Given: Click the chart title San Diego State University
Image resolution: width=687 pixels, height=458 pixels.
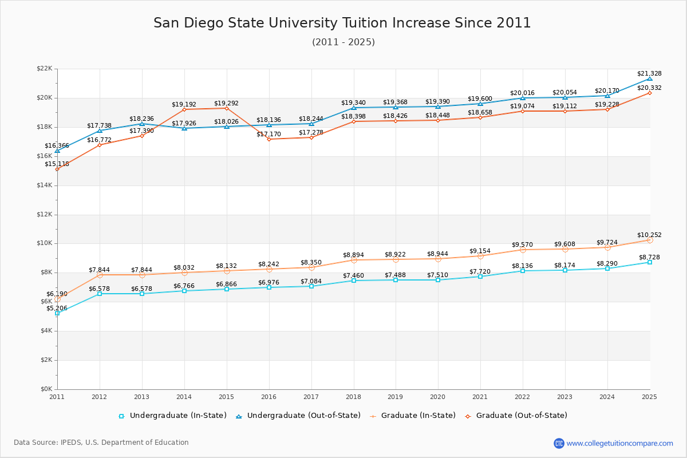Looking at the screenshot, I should [342, 23].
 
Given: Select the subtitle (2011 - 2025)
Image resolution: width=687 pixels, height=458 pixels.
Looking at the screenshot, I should [343, 42].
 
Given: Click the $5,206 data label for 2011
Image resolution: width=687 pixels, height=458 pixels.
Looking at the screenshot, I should [57, 308].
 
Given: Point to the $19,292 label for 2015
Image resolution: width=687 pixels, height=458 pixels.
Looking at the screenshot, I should [226, 104].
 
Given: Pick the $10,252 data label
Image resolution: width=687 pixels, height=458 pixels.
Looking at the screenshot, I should [649, 235].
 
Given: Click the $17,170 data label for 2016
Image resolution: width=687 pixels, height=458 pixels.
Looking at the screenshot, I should [269, 134].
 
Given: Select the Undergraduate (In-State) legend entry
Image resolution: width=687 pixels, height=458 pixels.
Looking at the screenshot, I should [172, 416].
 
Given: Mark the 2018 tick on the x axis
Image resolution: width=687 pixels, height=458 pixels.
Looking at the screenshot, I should [353, 396].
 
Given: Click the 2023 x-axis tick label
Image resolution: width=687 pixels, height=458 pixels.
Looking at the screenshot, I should [565, 396].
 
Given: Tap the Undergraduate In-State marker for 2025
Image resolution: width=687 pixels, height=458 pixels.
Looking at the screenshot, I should [650, 262].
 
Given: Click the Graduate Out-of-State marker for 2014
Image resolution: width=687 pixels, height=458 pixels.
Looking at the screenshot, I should [184, 109].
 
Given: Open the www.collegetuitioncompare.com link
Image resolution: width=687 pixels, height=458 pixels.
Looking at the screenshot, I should [619, 443].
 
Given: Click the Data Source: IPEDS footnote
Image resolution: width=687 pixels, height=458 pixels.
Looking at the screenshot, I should [101, 443].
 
